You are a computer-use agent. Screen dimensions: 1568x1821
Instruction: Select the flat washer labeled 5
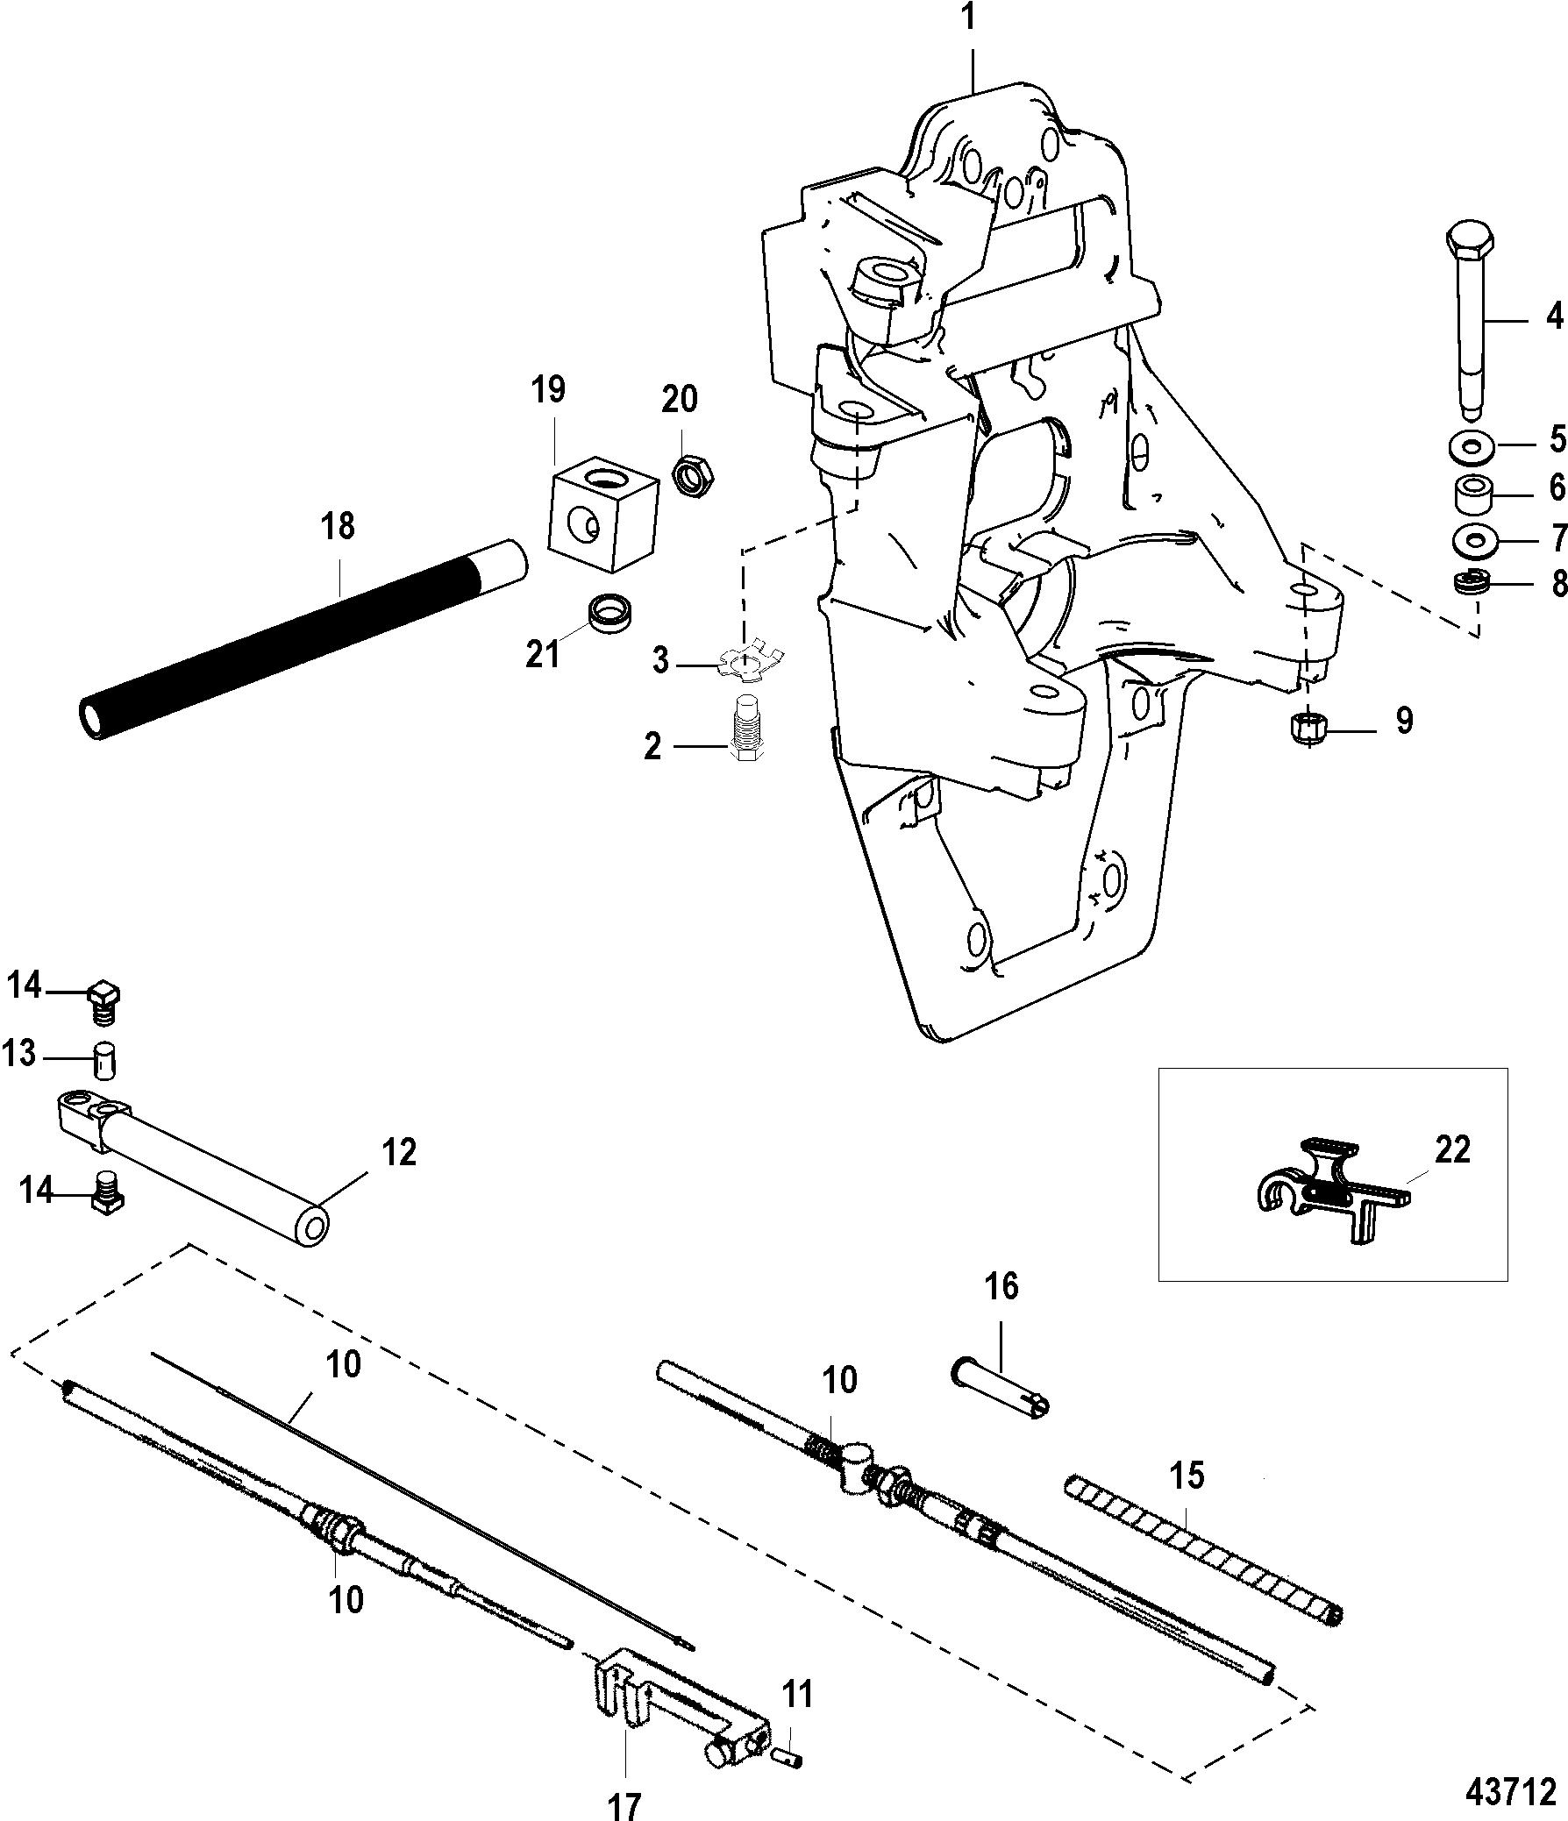point(1472,446)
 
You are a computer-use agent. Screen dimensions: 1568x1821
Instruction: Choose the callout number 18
point(339,525)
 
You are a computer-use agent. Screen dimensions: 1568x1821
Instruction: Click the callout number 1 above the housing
point(969,18)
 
